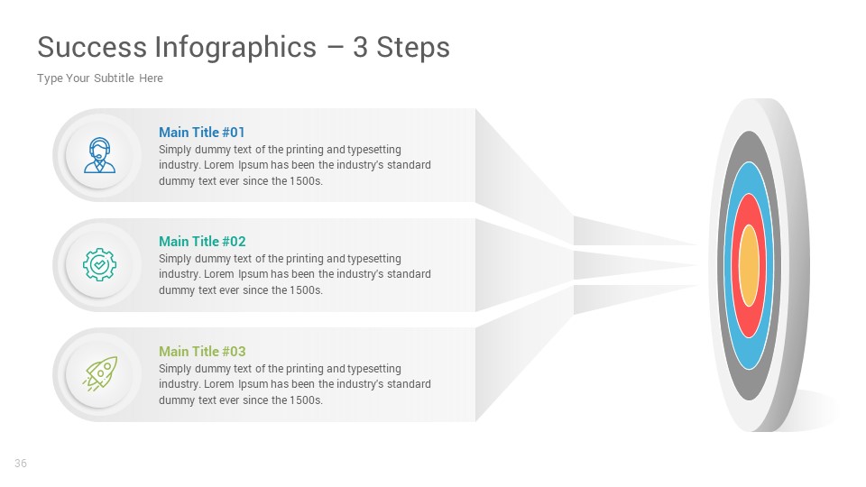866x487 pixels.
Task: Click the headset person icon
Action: click(x=99, y=154)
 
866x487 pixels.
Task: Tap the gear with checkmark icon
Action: click(x=99, y=264)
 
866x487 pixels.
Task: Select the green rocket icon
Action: click(x=99, y=373)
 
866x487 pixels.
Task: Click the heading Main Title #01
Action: click(x=202, y=132)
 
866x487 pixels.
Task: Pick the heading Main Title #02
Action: click(x=202, y=241)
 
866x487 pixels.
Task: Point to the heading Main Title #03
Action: click(x=202, y=351)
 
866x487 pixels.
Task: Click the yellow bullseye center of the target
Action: click(x=749, y=266)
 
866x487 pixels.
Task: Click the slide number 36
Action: click(x=21, y=464)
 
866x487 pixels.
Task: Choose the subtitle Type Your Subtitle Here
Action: click(x=100, y=78)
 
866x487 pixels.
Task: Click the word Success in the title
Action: click(x=90, y=47)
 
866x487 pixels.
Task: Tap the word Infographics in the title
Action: click(x=235, y=47)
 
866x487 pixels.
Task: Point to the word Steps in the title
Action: click(x=413, y=47)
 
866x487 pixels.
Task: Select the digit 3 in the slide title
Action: click(x=360, y=47)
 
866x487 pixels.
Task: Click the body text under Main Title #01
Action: click(x=295, y=165)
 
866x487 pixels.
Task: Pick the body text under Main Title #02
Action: click(x=295, y=274)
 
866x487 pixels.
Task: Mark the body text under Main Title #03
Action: click(x=295, y=384)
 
